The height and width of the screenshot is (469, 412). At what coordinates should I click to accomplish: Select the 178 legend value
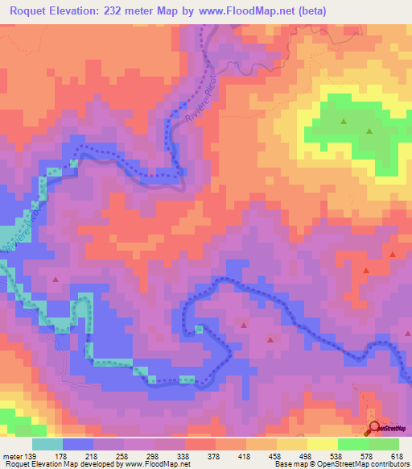tap(80, 455)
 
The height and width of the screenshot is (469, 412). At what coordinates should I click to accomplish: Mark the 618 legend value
tap(400, 455)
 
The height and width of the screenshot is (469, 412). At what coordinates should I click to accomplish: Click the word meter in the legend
tap(13, 455)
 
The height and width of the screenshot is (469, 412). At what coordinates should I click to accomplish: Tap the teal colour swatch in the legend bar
tap(47, 444)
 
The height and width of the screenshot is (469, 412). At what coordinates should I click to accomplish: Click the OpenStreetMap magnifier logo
tap(374, 429)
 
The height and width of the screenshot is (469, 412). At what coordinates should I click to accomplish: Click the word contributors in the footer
tap(389, 464)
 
